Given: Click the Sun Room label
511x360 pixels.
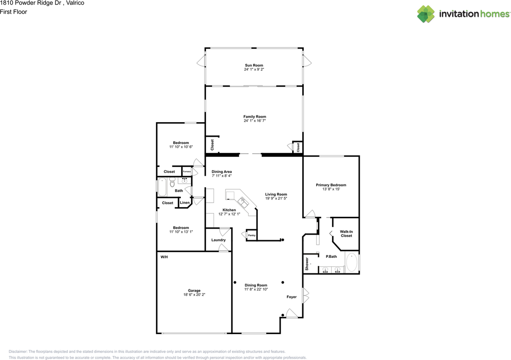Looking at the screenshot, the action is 254,65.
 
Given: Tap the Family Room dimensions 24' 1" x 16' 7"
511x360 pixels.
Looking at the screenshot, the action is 255,121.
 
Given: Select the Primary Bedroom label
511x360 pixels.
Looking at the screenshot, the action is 331,185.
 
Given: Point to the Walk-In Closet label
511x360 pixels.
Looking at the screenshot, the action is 346,233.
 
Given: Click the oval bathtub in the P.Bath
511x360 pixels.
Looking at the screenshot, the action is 352,262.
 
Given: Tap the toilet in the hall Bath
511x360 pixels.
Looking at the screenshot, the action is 172,182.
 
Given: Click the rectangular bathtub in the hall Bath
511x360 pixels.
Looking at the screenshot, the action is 162,187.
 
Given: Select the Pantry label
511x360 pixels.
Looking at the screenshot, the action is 252,235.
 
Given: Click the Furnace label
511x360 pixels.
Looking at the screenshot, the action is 186,172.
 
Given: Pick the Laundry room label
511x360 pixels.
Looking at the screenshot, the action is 218,240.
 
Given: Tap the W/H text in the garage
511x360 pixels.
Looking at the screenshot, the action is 164,257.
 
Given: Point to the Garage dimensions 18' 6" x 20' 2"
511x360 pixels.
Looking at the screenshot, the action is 194,295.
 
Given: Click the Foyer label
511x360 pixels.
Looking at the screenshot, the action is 291,297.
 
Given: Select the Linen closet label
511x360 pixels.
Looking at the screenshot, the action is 184,203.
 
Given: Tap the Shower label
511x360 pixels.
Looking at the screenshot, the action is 307,264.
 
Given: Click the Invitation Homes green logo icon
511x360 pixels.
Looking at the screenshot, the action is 426,14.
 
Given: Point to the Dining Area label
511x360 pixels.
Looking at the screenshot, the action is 222,172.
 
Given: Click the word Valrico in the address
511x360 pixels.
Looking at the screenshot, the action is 75,3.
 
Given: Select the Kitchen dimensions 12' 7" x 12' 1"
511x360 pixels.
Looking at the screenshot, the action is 229,214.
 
